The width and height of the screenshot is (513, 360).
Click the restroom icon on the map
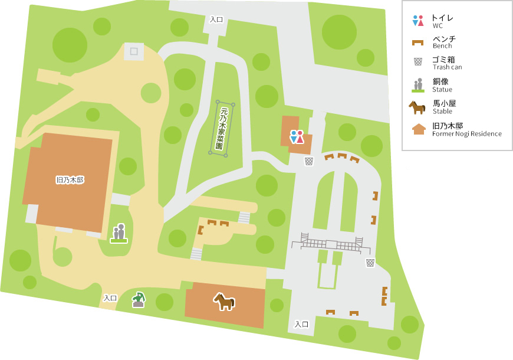pyautogui.click(x=297, y=137)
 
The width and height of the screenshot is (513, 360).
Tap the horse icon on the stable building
pyautogui.click(x=224, y=302)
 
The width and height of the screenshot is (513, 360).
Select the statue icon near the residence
pyautogui.click(x=119, y=233)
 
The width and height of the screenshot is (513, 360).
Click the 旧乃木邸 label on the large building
pyautogui.click(x=70, y=179)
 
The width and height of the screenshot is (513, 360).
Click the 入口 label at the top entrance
pyautogui.click(x=216, y=19)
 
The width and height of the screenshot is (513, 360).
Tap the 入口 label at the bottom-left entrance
pyautogui.click(x=110, y=298)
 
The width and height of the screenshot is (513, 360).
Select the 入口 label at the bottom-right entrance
pyautogui.click(x=301, y=324)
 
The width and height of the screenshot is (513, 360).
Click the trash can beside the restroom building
pyautogui.click(x=308, y=161)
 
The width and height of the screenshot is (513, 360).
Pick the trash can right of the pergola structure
pyautogui.click(x=370, y=263)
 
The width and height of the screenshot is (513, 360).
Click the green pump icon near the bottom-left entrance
pyautogui.click(x=139, y=300)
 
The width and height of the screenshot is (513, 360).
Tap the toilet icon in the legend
pyautogui.click(x=418, y=20)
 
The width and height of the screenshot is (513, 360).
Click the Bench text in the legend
pyautogui.click(x=442, y=46)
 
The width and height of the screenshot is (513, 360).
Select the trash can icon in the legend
pyautogui.click(x=418, y=61)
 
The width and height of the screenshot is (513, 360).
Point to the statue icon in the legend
pyautogui.click(x=418, y=85)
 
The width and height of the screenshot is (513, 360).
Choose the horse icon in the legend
pyautogui.click(x=417, y=107)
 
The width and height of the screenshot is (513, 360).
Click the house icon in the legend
pyautogui.click(x=418, y=128)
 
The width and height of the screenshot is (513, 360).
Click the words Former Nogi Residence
pyautogui.click(x=466, y=134)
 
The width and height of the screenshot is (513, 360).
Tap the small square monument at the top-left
pyautogui.click(x=134, y=51)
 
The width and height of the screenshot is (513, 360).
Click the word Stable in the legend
pyautogui.click(x=442, y=112)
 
